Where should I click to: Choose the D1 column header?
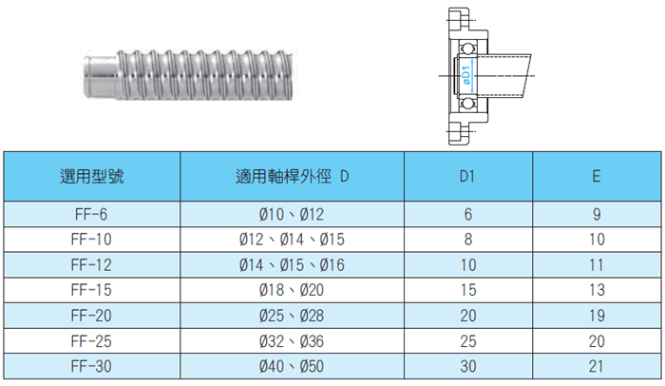coord(468,176)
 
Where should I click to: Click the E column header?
coord(595,176)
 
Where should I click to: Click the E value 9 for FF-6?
coord(595,215)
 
